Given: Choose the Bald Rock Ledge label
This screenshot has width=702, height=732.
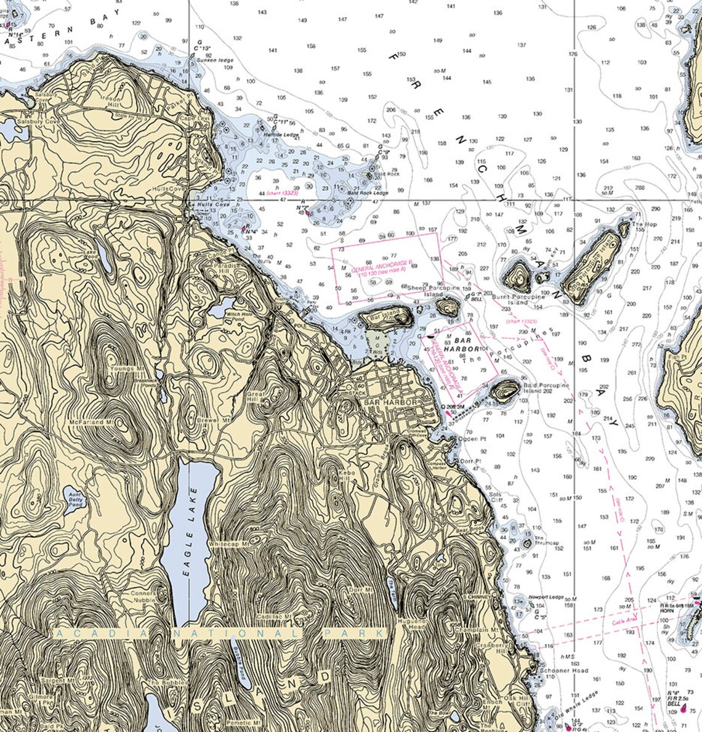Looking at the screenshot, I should [367, 193].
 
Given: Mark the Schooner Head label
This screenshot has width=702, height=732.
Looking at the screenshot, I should [555, 670].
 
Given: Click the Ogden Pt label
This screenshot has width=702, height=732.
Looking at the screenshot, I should [472, 439].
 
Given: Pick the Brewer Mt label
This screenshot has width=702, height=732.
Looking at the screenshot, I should [212, 420].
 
